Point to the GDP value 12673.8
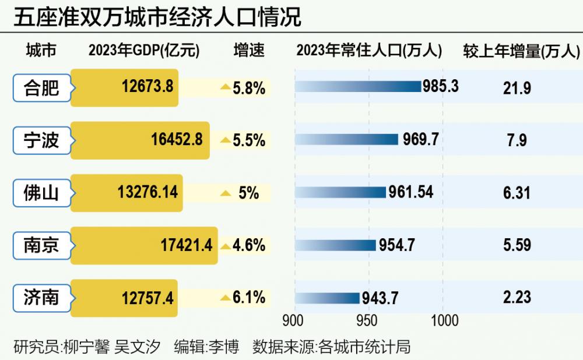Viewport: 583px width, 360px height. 147,87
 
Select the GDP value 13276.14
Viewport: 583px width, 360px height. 147,193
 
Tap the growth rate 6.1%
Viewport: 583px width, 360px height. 249,298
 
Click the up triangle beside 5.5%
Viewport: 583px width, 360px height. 224,140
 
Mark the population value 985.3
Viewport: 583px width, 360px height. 440,87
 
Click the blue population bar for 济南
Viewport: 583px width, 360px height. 328,298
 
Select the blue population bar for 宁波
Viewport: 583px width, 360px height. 347,140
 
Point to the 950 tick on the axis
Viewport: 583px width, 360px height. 367,320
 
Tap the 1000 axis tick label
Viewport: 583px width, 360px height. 444,320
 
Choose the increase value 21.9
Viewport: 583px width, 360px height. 517,88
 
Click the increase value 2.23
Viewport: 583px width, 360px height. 517,298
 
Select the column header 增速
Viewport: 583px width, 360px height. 249,51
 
